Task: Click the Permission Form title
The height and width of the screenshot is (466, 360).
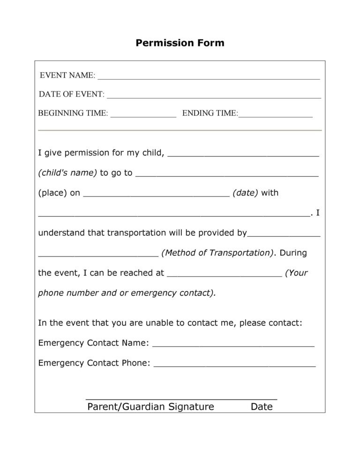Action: (180, 43)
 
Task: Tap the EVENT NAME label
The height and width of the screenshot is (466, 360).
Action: (67, 75)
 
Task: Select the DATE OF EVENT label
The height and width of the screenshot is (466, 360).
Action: (71, 94)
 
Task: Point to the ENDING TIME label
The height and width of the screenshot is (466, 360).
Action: (210, 113)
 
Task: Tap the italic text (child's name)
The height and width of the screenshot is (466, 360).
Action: (67, 173)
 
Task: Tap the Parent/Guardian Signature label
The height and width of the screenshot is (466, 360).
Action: (150, 407)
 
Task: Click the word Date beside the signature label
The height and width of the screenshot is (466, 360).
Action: (262, 407)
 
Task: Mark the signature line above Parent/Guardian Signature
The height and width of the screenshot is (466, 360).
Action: (181, 398)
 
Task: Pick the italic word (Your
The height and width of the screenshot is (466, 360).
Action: (296, 273)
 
